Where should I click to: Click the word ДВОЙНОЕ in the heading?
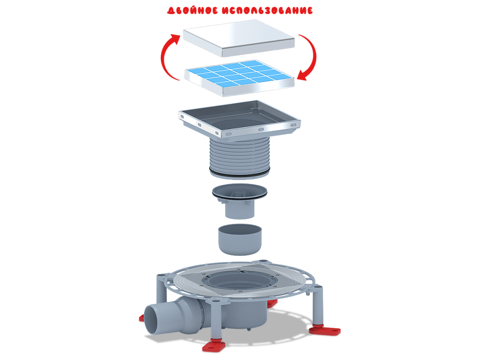pyautogui.click(x=192, y=11)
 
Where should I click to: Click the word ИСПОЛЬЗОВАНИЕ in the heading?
pyautogui.click(x=267, y=11)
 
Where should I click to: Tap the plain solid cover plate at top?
pyautogui.click(x=239, y=38)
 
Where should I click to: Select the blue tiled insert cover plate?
pyautogui.click(x=239, y=78)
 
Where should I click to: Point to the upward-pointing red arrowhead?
pyautogui.click(x=176, y=39)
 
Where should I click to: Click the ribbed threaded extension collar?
pyautogui.click(x=240, y=156)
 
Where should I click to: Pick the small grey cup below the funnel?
pyautogui.click(x=240, y=240)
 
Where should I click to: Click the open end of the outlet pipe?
pyautogui.click(x=152, y=319)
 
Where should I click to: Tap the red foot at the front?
pyautogui.click(x=214, y=346)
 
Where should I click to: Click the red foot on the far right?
pyautogui.click(x=324, y=330)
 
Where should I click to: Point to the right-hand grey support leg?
pyautogui.click(x=317, y=306)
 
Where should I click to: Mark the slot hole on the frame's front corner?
pyautogui.click(x=229, y=134)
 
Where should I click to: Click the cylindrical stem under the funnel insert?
pyautogui.click(x=240, y=210)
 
